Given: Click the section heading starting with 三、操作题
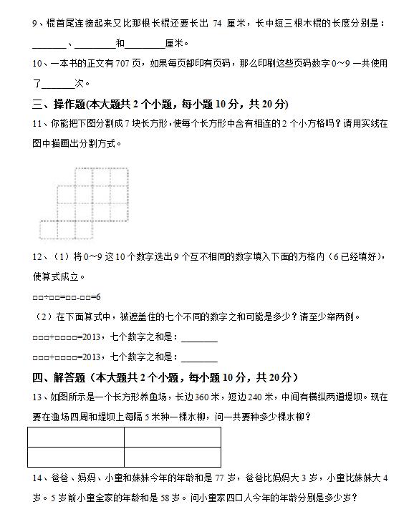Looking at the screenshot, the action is pos(160,104).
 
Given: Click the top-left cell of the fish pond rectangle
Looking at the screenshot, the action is pos(76,437).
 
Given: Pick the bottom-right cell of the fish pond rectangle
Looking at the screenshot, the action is pos(172,457).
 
